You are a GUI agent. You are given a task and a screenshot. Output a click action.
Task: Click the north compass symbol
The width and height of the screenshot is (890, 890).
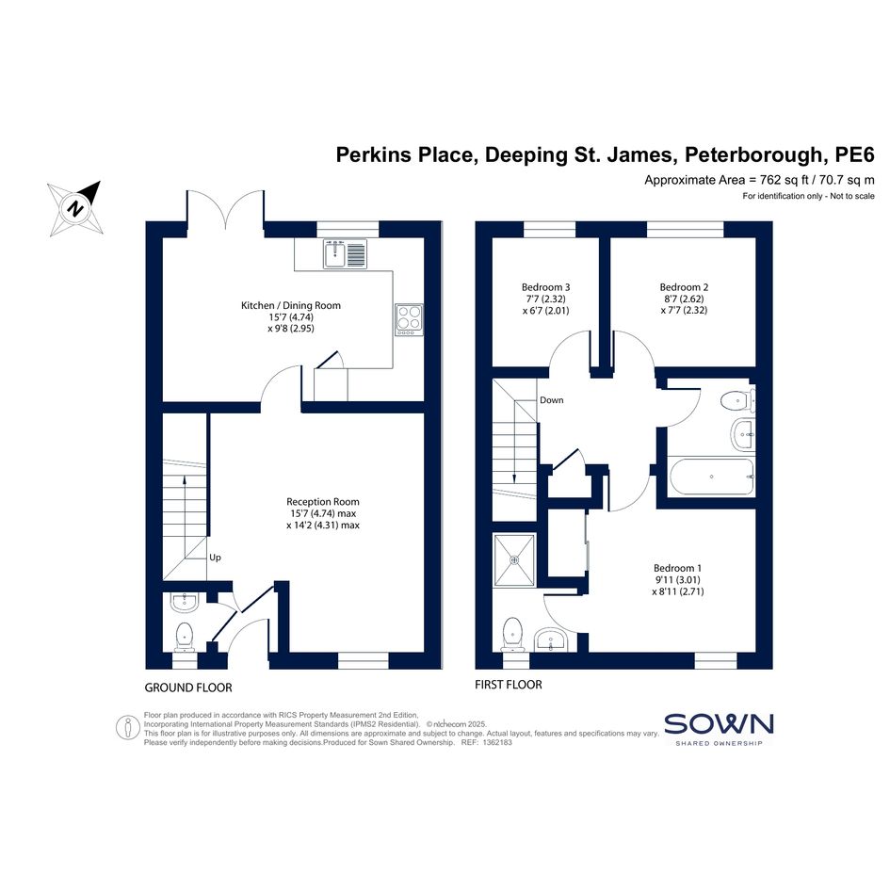point(75,208)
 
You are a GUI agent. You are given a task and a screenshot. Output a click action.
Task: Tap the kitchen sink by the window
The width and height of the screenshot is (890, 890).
point(345,253)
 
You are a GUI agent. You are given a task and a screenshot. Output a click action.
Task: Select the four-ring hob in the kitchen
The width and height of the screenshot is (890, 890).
point(410,319)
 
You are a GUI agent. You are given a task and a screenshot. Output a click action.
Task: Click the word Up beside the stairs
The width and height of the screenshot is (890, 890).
point(215,558)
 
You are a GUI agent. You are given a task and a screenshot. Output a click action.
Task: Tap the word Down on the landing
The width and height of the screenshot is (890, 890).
point(552,400)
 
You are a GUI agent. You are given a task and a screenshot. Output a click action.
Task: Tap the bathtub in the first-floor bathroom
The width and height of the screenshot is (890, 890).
point(712,477)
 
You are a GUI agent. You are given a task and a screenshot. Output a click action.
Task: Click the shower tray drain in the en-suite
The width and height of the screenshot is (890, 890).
point(514,560)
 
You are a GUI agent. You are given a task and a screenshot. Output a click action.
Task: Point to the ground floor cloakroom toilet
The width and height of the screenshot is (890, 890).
point(184,637)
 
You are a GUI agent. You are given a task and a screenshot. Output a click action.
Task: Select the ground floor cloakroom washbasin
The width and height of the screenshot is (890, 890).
point(185,603)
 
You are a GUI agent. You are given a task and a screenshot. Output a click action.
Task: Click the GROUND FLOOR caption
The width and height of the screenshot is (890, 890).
point(188,688)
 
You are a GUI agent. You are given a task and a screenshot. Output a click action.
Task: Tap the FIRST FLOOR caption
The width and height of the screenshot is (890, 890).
point(509,685)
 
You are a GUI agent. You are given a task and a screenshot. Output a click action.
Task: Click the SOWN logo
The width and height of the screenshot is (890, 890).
point(719,729)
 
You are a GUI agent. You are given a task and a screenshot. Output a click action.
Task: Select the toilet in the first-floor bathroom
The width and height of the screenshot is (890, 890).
point(737,401)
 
